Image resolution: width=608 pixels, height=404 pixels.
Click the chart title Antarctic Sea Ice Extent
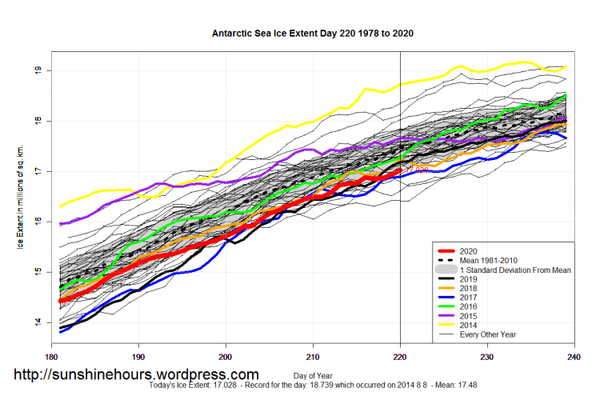[313, 34]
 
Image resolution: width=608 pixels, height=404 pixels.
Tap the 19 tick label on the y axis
[38, 70]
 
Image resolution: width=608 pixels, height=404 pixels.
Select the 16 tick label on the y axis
[38, 222]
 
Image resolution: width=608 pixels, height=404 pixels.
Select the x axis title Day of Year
[312, 374]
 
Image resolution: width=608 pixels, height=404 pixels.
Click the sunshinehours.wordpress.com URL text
[136, 374]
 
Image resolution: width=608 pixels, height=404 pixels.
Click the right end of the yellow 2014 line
[566, 66]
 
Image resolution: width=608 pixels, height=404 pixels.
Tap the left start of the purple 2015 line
[60, 224]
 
